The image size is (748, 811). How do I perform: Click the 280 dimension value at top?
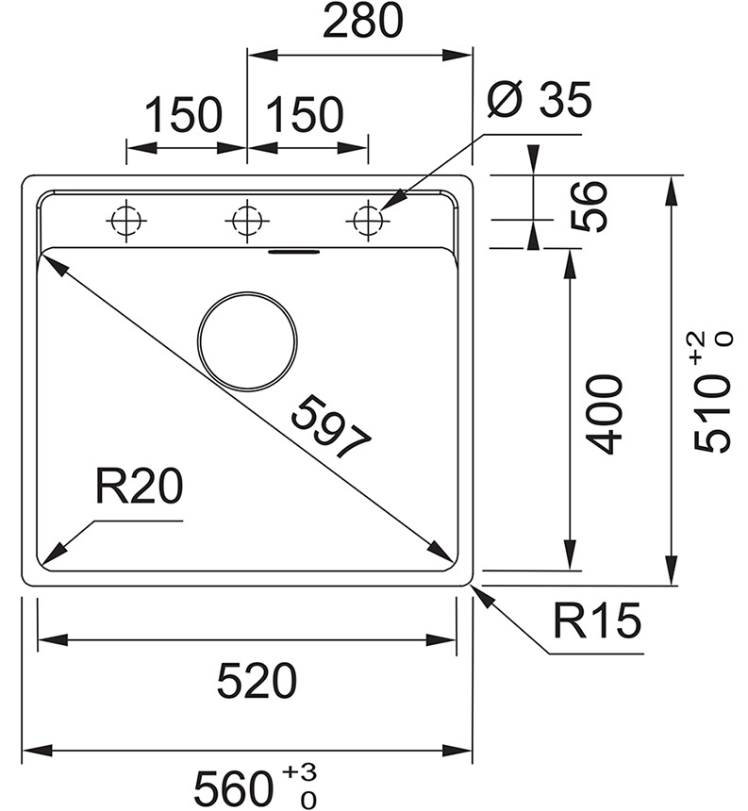point(362,23)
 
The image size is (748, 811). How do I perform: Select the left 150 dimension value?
point(183,115)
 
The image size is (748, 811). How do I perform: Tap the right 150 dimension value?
point(304,115)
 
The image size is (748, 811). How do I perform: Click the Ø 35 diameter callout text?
point(540,99)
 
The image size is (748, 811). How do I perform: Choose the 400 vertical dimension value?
point(604,414)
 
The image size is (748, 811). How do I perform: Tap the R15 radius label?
point(596,621)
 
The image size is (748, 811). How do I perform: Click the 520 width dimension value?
point(257,681)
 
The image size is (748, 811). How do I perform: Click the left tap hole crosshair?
point(125,221)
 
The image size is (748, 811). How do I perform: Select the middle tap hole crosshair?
point(246,221)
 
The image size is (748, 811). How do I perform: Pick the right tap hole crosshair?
point(367,221)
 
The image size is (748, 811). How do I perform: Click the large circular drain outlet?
point(247,339)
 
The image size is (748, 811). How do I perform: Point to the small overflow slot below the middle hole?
point(293,252)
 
